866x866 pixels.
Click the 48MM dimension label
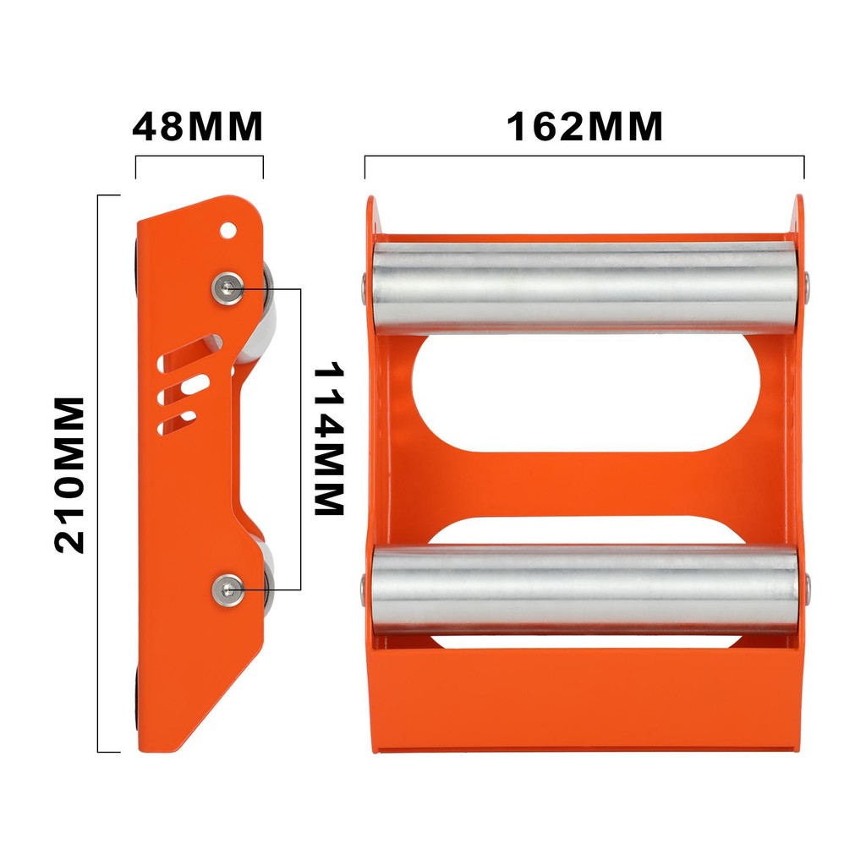coord(198,127)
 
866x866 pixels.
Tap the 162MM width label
coord(584,127)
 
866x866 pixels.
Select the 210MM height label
coord(69,475)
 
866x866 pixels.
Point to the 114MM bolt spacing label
coord(329,439)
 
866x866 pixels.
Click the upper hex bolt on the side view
coord(228,287)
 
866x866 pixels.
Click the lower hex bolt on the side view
coord(228,589)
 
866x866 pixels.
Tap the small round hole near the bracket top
coord(227,229)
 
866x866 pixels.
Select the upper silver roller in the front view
coord(584,288)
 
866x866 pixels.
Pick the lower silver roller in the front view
coord(584,589)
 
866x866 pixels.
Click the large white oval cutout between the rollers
coord(586,392)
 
